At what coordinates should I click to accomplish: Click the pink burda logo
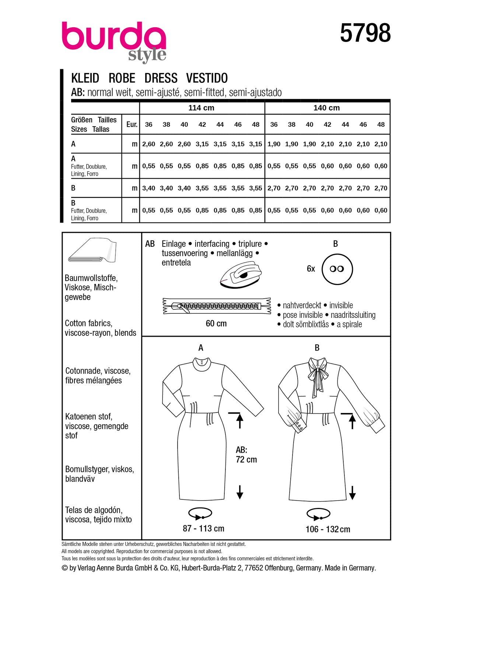113,37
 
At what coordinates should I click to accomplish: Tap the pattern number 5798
365,34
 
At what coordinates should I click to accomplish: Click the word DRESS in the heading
161,78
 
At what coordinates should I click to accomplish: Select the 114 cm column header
201,108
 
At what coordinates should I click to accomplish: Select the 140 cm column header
326,108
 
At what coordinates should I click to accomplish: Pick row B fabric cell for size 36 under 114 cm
148,188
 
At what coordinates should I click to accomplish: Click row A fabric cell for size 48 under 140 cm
381,144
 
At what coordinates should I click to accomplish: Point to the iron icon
241,274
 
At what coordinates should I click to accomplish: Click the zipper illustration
217,306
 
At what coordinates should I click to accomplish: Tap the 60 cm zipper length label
216,323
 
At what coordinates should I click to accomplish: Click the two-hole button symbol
337,269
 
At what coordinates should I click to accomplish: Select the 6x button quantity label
311,269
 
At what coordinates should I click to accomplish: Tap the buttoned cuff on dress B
299,427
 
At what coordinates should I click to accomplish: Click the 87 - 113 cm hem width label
203,529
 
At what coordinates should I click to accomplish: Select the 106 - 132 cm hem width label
328,529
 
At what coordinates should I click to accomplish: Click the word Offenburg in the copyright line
279,568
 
